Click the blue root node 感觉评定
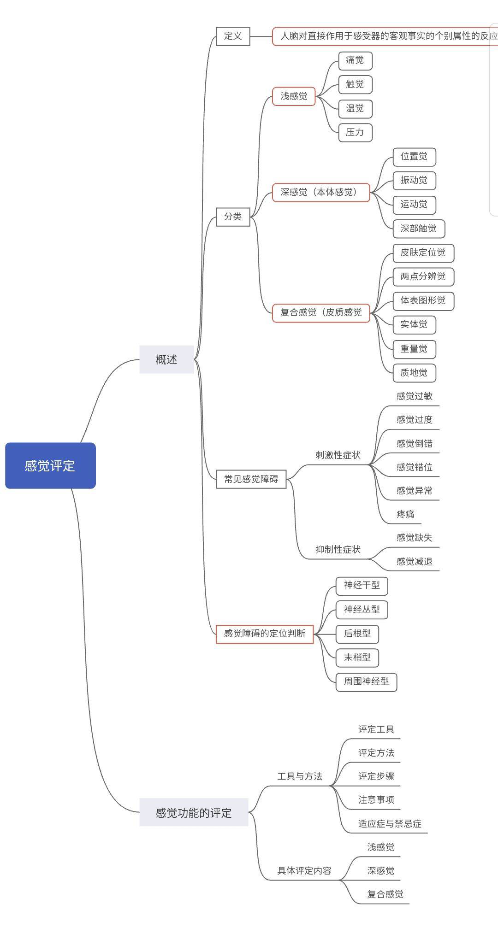tap(50, 465)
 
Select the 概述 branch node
tap(166, 359)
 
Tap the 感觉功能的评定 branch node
tap(194, 812)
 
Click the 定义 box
tap(233, 36)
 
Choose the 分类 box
tap(233, 217)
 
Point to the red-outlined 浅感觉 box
tap(294, 96)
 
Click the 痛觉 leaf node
tap(355, 60)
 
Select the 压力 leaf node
tap(355, 133)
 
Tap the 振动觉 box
tap(414, 180)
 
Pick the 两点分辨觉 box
tap(423, 276)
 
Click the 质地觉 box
tap(414, 373)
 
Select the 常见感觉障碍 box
tap(251, 479)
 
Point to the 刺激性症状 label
tap(338, 455)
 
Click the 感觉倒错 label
tap(415, 444)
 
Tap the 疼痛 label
tap(406, 514)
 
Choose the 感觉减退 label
tap(415, 562)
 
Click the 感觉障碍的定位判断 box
tap(265, 634)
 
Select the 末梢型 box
tap(357, 657)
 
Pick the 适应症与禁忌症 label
tap(390, 824)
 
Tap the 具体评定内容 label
tap(304, 871)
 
